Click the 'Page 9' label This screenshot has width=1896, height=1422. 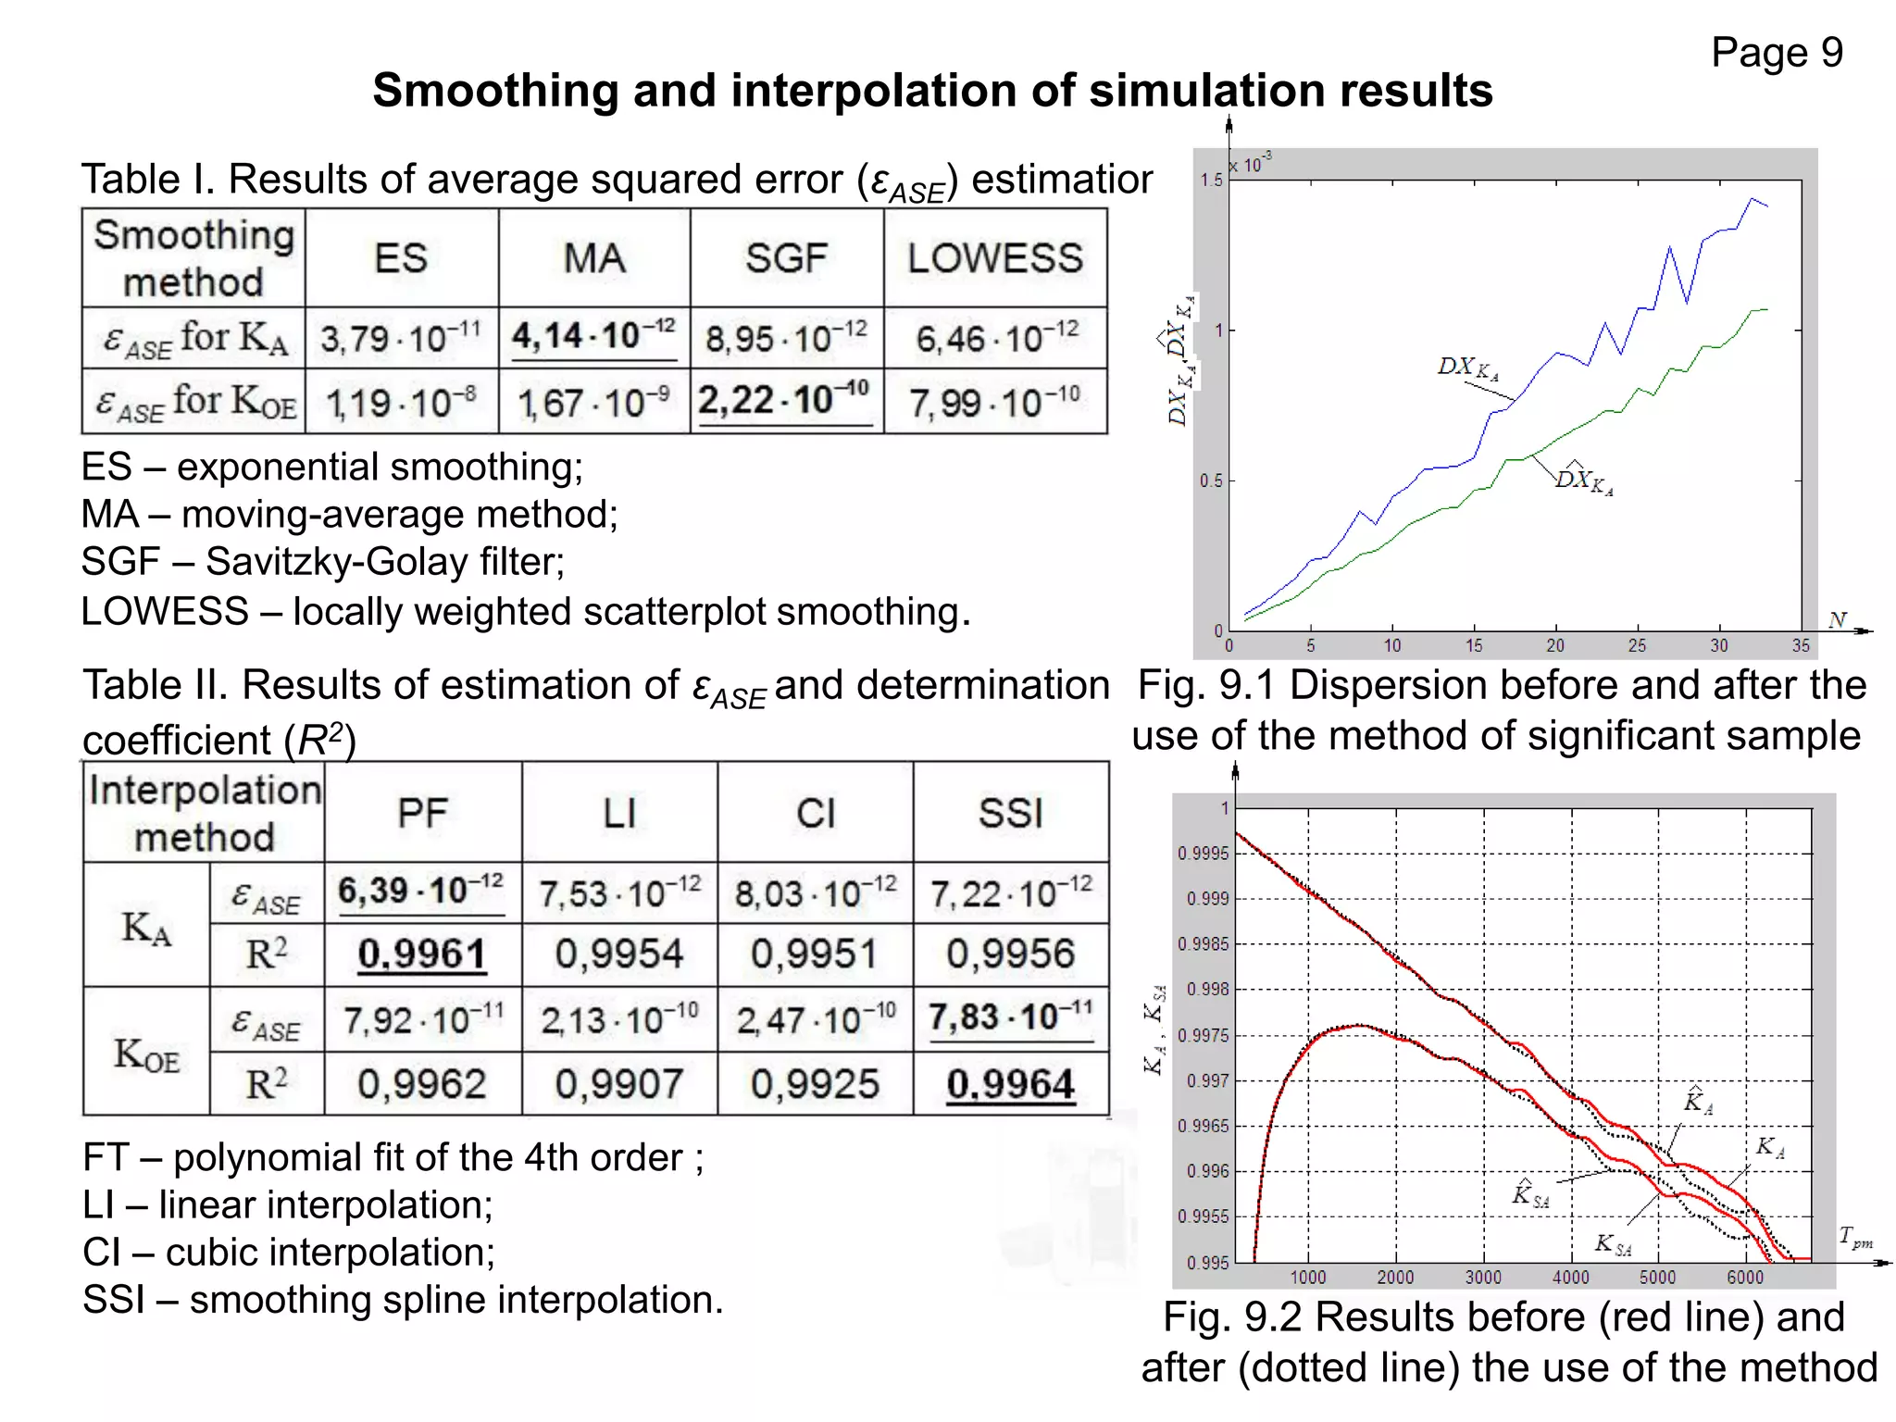(x=1776, y=53)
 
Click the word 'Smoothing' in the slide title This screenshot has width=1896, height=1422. (x=495, y=91)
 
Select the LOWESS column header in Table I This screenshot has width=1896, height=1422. (x=994, y=258)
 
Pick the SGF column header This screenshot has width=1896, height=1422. (x=786, y=258)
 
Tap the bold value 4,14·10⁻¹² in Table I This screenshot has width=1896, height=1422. (x=593, y=336)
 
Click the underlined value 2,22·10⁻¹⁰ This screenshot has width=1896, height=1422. (x=784, y=400)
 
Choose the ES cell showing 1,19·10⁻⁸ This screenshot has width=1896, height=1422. (x=401, y=403)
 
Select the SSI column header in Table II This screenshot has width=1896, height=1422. (x=1010, y=814)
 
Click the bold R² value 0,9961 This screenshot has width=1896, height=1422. (x=422, y=954)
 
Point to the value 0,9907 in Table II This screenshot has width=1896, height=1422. (x=618, y=1083)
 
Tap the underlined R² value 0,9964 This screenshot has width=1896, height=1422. (x=1010, y=1083)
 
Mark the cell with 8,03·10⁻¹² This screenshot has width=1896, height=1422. (x=815, y=893)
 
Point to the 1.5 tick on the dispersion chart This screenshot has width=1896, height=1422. (x=1211, y=181)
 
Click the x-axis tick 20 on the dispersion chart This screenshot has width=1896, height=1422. (x=1555, y=646)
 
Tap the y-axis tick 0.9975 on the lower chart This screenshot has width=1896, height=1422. (x=1203, y=1035)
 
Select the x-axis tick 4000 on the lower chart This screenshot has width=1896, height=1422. (x=1570, y=1279)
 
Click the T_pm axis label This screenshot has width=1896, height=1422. (x=1854, y=1237)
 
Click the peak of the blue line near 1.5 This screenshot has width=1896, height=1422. (x=1753, y=198)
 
